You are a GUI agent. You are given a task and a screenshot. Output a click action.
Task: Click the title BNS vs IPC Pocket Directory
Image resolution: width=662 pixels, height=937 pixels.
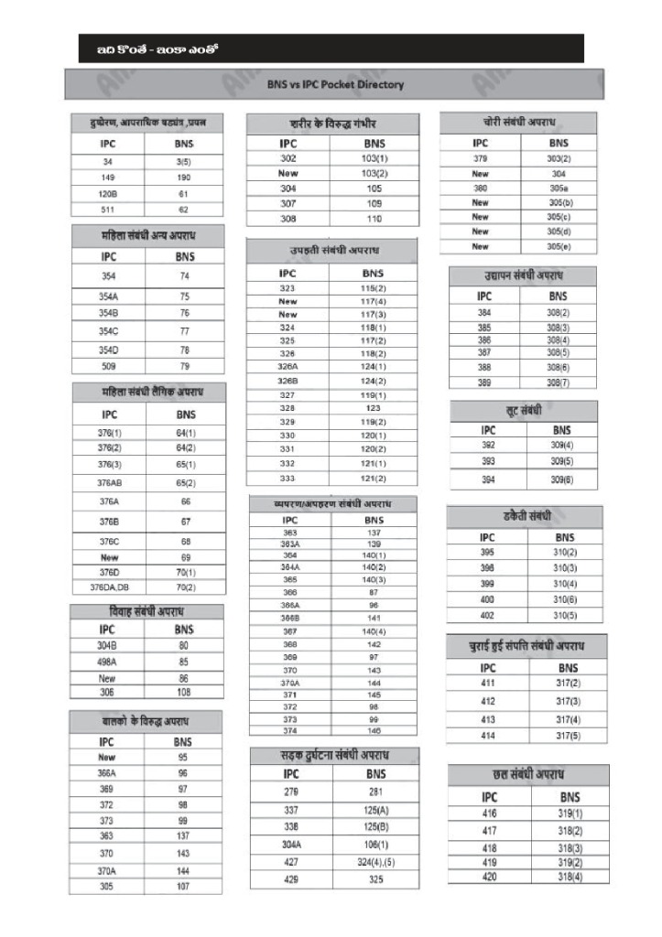[x=335, y=84]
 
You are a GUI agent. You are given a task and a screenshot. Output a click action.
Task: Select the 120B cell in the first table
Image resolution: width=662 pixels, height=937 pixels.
[x=107, y=194]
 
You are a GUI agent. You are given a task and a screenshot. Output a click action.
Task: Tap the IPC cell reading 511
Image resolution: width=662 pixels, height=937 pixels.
[x=107, y=210]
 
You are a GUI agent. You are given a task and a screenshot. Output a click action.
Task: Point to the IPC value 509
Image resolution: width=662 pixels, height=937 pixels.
[x=107, y=366]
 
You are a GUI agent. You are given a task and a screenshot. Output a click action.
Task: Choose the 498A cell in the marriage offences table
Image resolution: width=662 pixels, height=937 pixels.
[x=107, y=662]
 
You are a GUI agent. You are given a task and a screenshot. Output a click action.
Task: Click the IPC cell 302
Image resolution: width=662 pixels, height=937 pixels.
[x=288, y=158]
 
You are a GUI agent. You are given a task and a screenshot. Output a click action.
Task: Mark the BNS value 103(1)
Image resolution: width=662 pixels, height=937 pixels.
[x=374, y=158]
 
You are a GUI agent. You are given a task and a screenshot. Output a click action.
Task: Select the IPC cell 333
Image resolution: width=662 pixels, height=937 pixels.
[x=288, y=478]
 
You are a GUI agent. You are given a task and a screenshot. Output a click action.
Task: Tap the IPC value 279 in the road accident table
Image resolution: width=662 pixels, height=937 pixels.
[x=291, y=792]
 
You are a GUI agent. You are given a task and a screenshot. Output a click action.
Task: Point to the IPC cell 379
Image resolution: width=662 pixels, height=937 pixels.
[x=480, y=158]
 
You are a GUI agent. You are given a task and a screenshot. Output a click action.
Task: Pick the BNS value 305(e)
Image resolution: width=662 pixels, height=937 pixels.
[x=559, y=246]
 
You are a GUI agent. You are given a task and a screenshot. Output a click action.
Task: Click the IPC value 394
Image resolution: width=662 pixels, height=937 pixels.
[x=488, y=479]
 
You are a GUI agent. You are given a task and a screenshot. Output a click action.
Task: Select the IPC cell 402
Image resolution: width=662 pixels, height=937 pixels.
[x=487, y=615]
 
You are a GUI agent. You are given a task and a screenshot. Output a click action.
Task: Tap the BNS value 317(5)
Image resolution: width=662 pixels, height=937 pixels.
[x=569, y=736]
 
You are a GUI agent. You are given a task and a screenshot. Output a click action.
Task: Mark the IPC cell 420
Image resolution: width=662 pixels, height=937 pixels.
[x=491, y=877]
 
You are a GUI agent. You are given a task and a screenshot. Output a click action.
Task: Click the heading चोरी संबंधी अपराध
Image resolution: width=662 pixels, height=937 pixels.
[x=519, y=122]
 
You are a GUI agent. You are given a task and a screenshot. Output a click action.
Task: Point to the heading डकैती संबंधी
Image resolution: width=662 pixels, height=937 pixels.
[x=526, y=516]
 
